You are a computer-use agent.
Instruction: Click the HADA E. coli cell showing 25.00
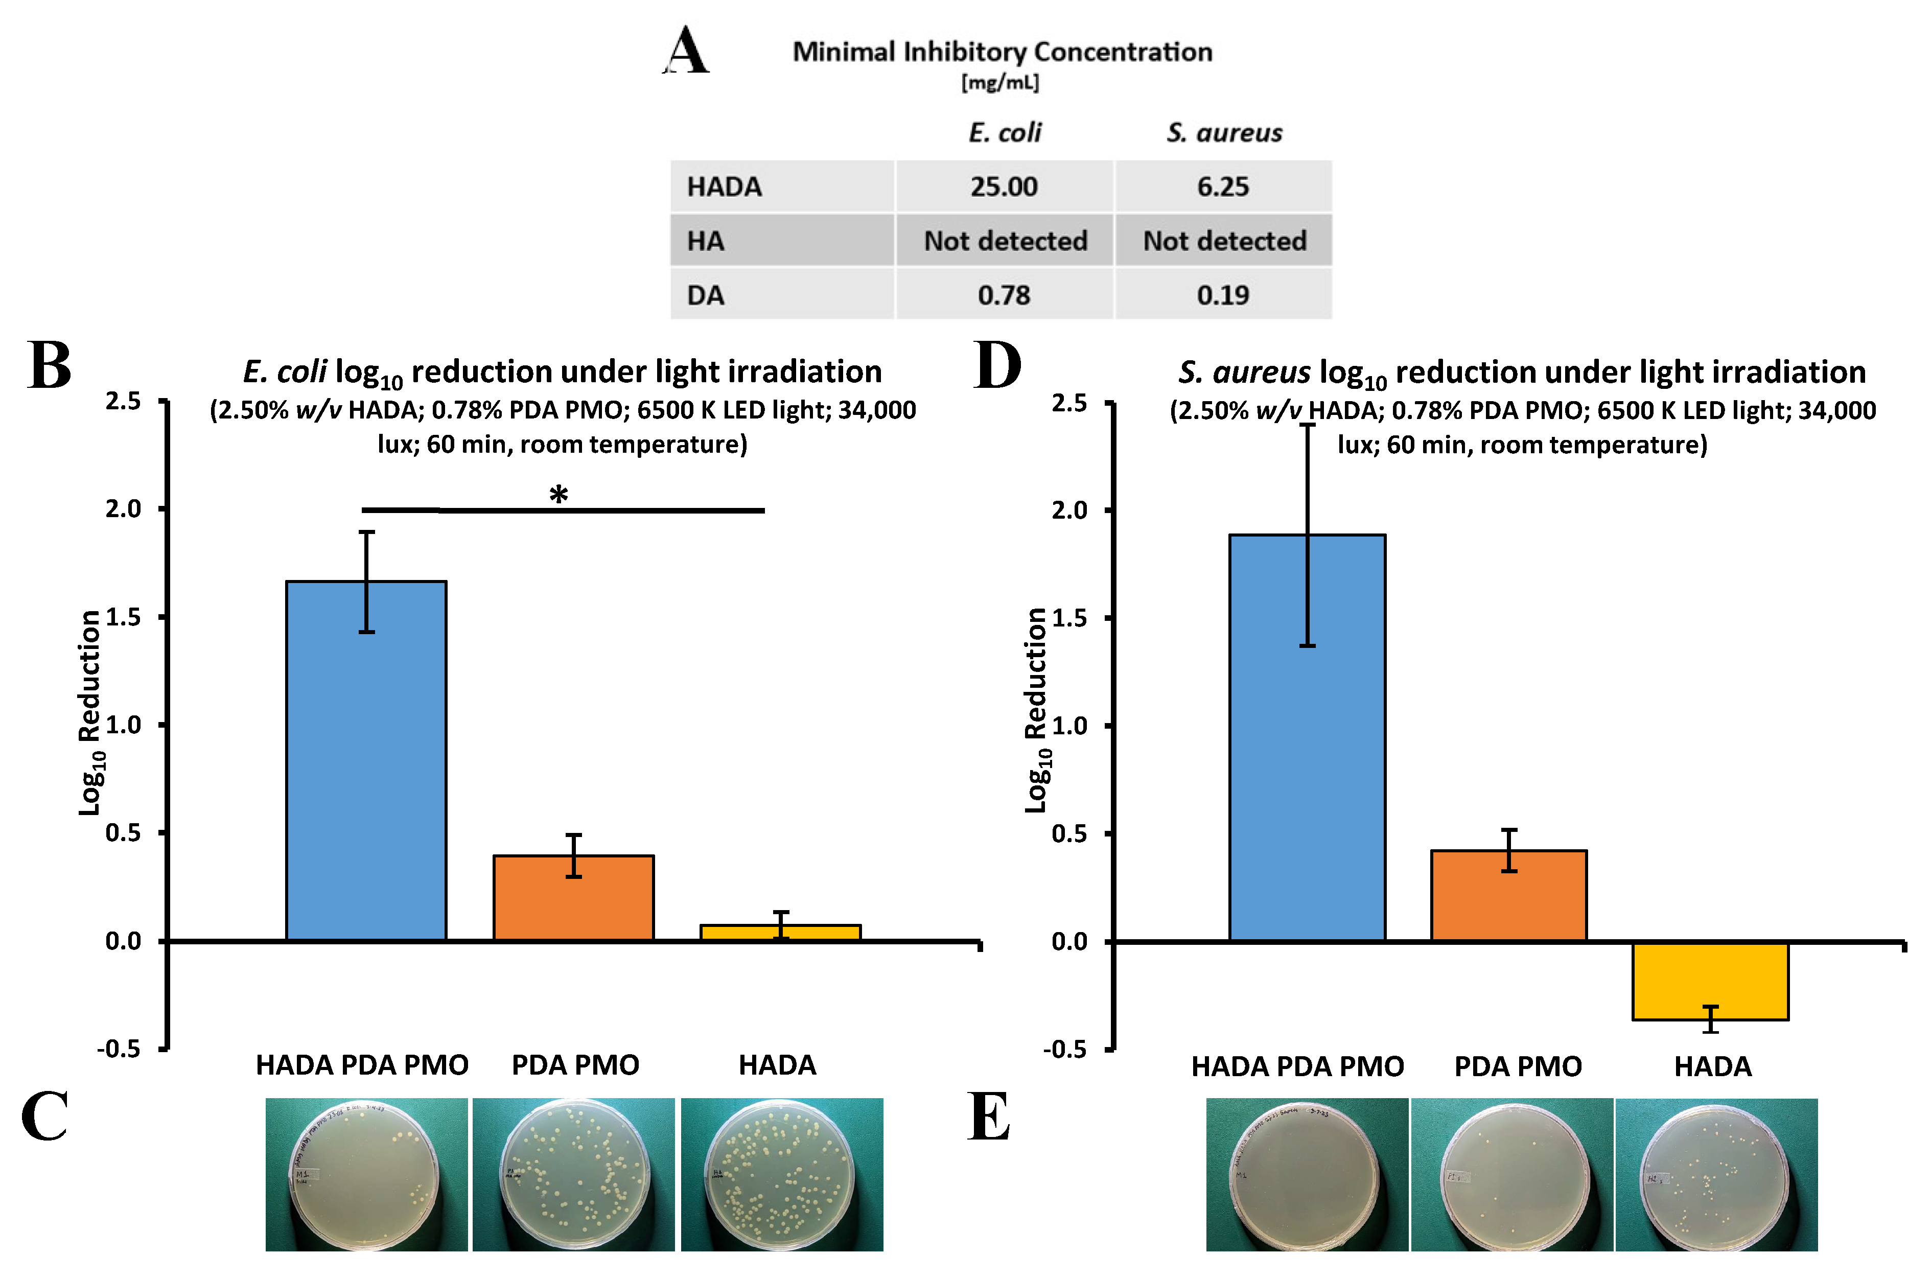click(1004, 187)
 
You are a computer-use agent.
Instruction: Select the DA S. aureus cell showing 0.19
click(1223, 295)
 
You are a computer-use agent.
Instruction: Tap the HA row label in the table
click(706, 241)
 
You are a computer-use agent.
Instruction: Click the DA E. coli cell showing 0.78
click(1004, 295)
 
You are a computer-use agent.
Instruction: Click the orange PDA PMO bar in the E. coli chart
click(573, 898)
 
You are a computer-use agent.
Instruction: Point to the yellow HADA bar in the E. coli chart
click(780, 933)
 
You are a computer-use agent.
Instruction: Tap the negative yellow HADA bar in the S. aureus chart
click(1709, 981)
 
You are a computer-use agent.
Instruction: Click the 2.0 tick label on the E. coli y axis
click(123, 508)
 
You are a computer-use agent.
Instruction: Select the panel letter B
click(49, 366)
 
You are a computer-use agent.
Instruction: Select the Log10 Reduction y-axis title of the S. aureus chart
click(1036, 709)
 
